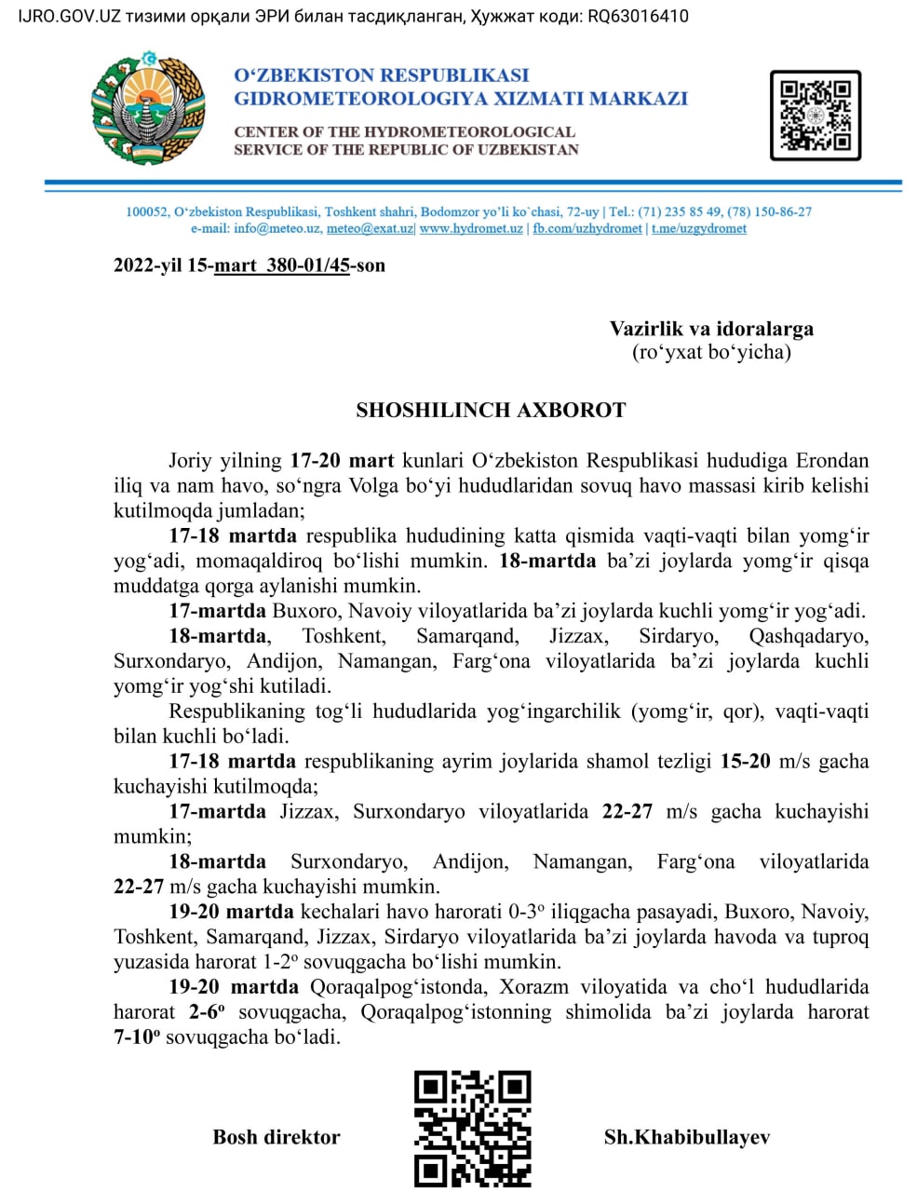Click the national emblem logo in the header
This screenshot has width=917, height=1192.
[149, 109]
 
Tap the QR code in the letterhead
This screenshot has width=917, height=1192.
[815, 115]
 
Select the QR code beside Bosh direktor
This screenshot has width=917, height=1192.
[472, 1128]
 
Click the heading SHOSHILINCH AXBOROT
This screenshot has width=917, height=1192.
[491, 411]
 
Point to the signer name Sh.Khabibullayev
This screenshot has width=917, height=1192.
[687, 1137]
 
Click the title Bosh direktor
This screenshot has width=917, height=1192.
[276, 1137]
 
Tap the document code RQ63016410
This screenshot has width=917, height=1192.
[638, 16]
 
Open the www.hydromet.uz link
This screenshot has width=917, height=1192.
[471, 228]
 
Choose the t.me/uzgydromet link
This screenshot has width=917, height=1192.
[698, 228]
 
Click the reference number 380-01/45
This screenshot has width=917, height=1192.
[307, 265]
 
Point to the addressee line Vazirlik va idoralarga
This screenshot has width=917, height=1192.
[711, 329]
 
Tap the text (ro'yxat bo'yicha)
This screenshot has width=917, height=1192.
[711, 352]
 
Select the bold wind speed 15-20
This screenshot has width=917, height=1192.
[745, 761]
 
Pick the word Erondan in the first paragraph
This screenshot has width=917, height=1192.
[831, 460]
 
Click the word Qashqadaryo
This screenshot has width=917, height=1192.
[808, 636]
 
